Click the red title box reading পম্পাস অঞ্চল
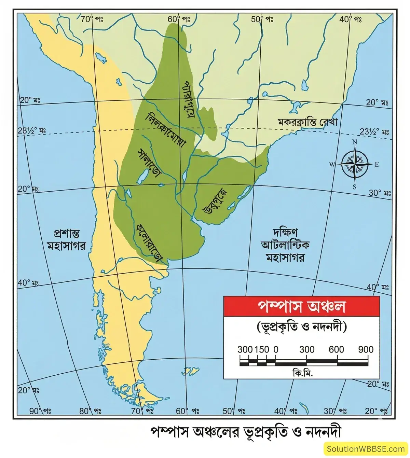(301, 307)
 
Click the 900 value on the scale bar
(366, 349)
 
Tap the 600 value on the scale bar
(337, 349)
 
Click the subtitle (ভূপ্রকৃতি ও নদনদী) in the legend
(301, 328)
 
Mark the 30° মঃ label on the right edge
(379, 193)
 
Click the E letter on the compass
(377, 165)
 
